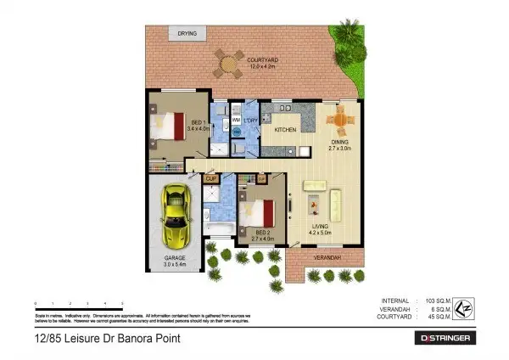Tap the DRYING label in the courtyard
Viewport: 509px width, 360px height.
coord(187,34)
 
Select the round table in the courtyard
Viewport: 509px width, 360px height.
coord(227,60)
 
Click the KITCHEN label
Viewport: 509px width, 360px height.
coord(285,129)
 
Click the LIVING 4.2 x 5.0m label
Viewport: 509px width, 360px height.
coord(320,229)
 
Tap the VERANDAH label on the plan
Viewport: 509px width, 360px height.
coord(327,256)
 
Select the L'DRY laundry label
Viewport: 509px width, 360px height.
coord(251,121)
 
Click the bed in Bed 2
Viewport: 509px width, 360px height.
coord(260,213)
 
